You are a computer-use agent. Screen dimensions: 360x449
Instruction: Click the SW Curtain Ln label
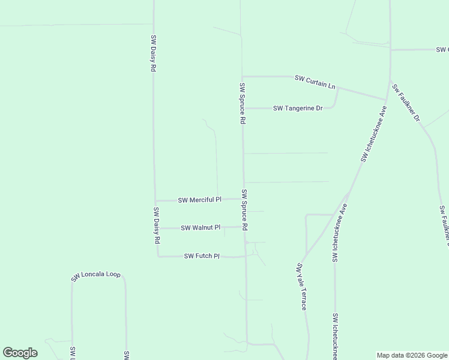click(315, 82)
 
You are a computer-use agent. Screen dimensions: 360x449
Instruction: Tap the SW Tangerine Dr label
click(298, 109)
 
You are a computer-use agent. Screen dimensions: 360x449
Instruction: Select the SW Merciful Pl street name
click(200, 200)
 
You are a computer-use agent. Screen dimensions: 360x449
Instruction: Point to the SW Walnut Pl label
click(200, 228)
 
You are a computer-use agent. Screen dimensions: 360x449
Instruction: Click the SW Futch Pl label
click(202, 256)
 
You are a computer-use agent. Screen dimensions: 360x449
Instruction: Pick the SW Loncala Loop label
click(96, 276)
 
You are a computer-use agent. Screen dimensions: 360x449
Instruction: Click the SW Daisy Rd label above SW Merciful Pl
click(154, 53)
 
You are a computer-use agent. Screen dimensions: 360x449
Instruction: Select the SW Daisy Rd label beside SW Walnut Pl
click(157, 225)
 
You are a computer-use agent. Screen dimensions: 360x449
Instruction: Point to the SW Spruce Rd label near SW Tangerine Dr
click(243, 103)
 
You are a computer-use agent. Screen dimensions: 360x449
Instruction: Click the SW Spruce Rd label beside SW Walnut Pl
click(245, 211)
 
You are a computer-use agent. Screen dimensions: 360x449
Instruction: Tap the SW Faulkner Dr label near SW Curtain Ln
click(406, 103)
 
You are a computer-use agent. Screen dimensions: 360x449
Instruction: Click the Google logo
click(20, 353)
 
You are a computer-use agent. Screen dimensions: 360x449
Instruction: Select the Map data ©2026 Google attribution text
click(412, 355)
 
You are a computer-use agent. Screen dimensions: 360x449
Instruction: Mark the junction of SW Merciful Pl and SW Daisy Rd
click(155, 200)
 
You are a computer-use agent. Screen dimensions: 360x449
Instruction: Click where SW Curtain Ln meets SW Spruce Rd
click(242, 76)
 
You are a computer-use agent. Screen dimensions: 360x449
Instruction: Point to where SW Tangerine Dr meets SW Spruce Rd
click(243, 108)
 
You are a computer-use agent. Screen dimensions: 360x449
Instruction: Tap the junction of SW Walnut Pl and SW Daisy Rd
click(156, 228)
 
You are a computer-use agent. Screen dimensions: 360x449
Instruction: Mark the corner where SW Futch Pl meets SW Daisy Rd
click(158, 256)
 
